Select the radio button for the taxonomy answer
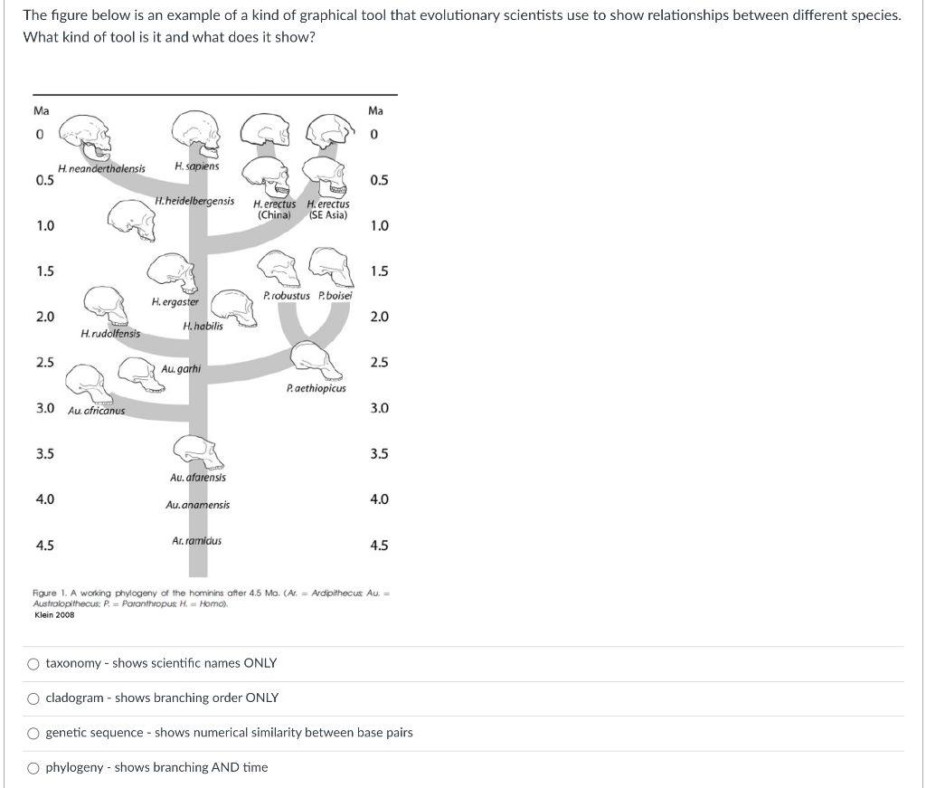pyautogui.click(x=33, y=664)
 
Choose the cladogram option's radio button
pyautogui.click(x=33, y=698)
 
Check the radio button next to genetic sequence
pyautogui.click(x=33, y=734)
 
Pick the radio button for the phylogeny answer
pyautogui.click(x=33, y=768)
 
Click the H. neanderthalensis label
pyautogui.click(x=101, y=169)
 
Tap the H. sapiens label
pyautogui.click(x=196, y=166)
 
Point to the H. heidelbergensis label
pyautogui.click(x=194, y=202)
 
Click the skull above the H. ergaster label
pyautogui.click(x=172, y=273)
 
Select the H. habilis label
pyautogui.click(x=203, y=326)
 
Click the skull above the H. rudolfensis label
pyautogui.click(x=105, y=308)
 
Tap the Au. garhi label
pyautogui.click(x=181, y=369)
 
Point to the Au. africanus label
pyautogui.click(x=96, y=411)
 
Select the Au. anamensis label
pyautogui.click(x=198, y=505)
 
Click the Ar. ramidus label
pyautogui.click(x=196, y=541)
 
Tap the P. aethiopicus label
pyautogui.click(x=316, y=389)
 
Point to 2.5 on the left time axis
pyautogui.click(x=45, y=363)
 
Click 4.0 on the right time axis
pyautogui.click(x=379, y=499)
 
